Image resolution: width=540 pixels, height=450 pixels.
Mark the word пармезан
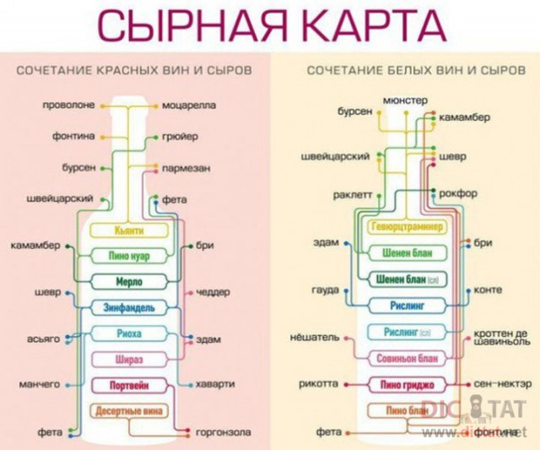click(186, 167)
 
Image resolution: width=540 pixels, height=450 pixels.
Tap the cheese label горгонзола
click(219, 432)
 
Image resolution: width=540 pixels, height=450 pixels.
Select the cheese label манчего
click(40, 385)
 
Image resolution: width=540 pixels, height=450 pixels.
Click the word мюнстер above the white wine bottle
click(405, 100)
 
